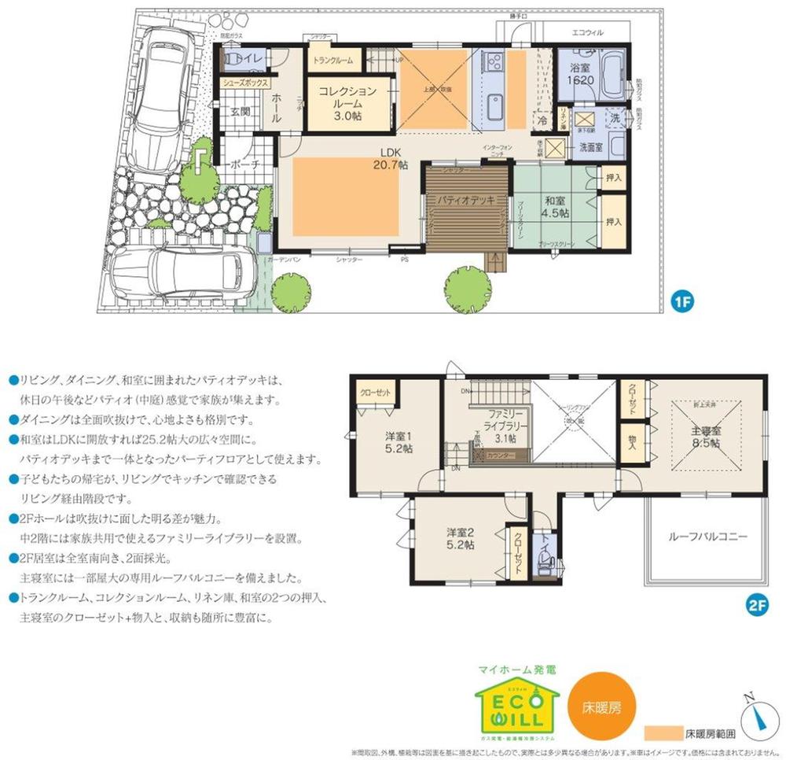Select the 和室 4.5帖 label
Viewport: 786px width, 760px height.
tap(556, 205)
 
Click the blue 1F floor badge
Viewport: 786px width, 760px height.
tap(681, 301)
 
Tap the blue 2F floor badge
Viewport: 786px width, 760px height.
tap(755, 606)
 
